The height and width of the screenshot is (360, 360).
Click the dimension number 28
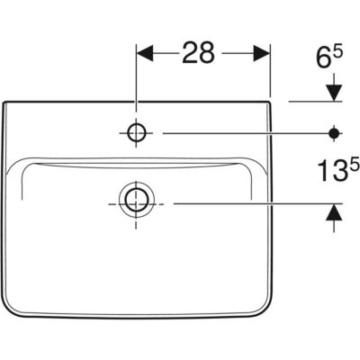199,53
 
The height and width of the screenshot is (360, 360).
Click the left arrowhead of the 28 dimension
145,53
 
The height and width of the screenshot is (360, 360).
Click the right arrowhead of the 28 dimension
262,53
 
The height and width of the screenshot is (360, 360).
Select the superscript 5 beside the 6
337,54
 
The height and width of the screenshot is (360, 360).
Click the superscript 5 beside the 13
355,165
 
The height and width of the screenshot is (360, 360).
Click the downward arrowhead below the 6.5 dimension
334,93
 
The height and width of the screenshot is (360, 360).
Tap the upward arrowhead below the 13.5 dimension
334,212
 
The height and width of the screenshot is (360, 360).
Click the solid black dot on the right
334,133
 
